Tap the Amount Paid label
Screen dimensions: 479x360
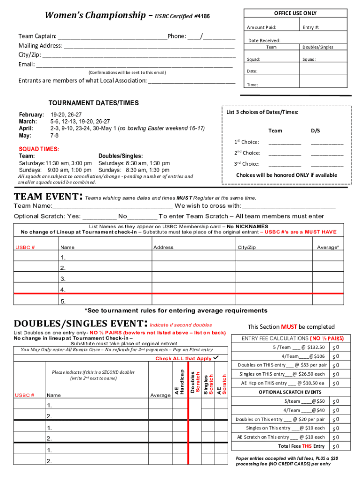tap(261, 28)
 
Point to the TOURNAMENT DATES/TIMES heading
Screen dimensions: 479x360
tap(94, 103)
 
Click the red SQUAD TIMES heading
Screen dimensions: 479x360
tap(39, 149)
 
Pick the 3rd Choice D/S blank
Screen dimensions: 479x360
tap(327, 164)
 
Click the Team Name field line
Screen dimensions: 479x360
tap(112, 207)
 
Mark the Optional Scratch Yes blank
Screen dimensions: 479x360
tap(99, 217)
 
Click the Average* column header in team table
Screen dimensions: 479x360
tap(328, 247)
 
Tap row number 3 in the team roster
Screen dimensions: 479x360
tap(63, 279)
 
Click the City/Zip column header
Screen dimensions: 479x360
tap(246, 247)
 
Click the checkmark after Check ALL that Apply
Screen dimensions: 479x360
tap(216, 358)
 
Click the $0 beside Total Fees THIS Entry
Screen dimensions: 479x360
tap(335, 446)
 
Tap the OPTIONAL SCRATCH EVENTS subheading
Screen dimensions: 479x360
tap(290, 392)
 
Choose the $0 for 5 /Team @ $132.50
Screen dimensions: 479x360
tap(335, 348)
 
